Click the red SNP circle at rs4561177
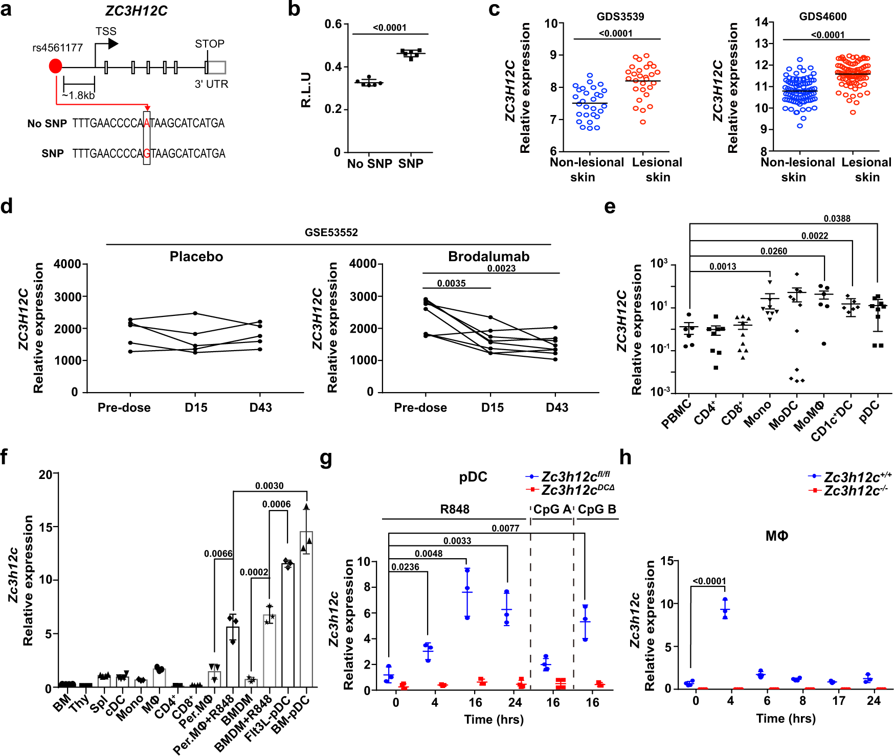pos(55,66)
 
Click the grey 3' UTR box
pos(217,67)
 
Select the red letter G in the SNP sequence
pos(147,153)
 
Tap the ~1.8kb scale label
pos(78,96)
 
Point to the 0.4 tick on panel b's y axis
pos(333,67)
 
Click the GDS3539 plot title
pos(620,16)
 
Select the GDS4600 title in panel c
pos(822,16)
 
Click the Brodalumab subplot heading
pos(488,257)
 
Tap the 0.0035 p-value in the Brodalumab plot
pos(451,283)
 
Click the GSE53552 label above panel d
pos(331,233)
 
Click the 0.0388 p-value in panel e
pos(837,219)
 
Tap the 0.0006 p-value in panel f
pos(276,505)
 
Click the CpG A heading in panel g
pos(552,510)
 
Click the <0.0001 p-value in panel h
pos(709,581)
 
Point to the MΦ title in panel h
pos(776,536)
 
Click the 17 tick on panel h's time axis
pos(839,701)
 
